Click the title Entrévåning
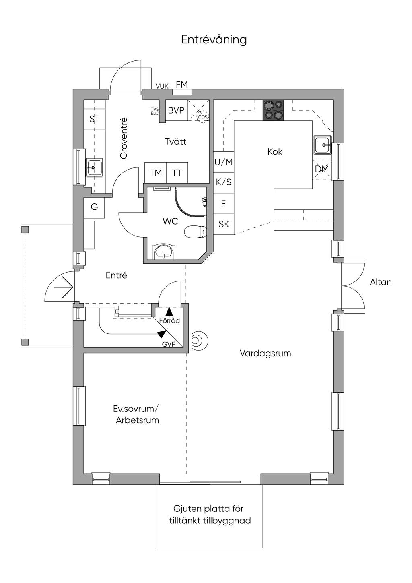pyautogui.click(x=214, y=40)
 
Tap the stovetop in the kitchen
pyautogui.click(x=273, y=110)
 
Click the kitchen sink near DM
pyautogui.click(x=323, y=145)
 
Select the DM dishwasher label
pyautogui.click(x=322, y=169)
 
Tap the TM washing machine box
pyautogui.click(x=156, y=173)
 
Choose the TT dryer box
pyautogui.click(x=177, y=173)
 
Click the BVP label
pyautogui.click(x=176, y=110)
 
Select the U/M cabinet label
pyautogui.click(x=224, y=162)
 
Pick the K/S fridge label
pyautogui.click(x=224, y=182)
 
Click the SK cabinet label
pyautogui.click(x=224, y=224)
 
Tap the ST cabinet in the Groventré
pyautogui.click(x=95, y=119)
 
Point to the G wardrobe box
pyautogui.click(x=94, y=207)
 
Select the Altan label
pyautogui.click(x=381, y=282)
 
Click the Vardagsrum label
pyautogui.click(x=265, y=354)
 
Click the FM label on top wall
pyautogui.click(x=182, y=85)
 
